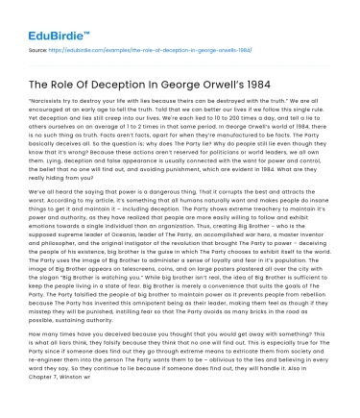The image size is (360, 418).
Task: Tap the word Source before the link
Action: pyautogui.click(x=39, y=46)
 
